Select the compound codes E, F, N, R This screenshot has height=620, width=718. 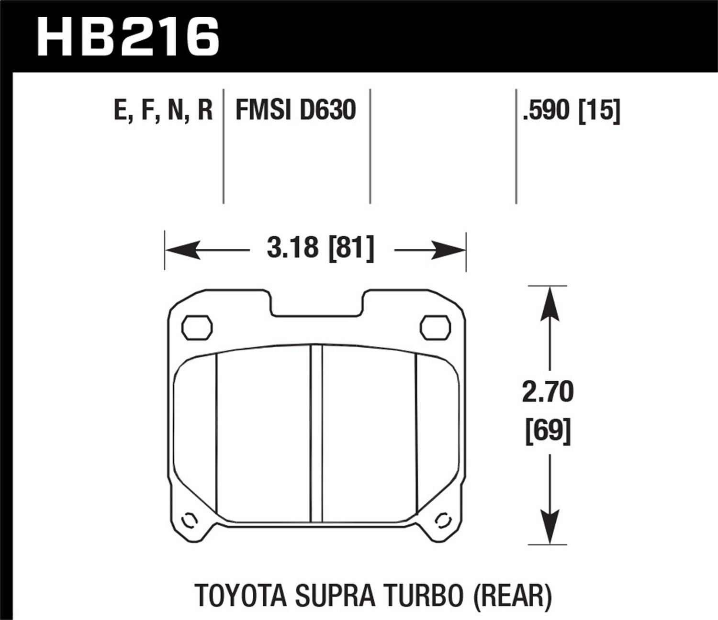[x=163, y=110]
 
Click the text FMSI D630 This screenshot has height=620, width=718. [x=295, y=110]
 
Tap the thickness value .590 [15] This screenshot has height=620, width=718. [x=572, y=111]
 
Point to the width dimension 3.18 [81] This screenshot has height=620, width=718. [x=320, y=249]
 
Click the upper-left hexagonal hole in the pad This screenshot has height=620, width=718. [x=197, y=328]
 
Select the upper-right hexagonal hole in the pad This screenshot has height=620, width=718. [x=435, y=328]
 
